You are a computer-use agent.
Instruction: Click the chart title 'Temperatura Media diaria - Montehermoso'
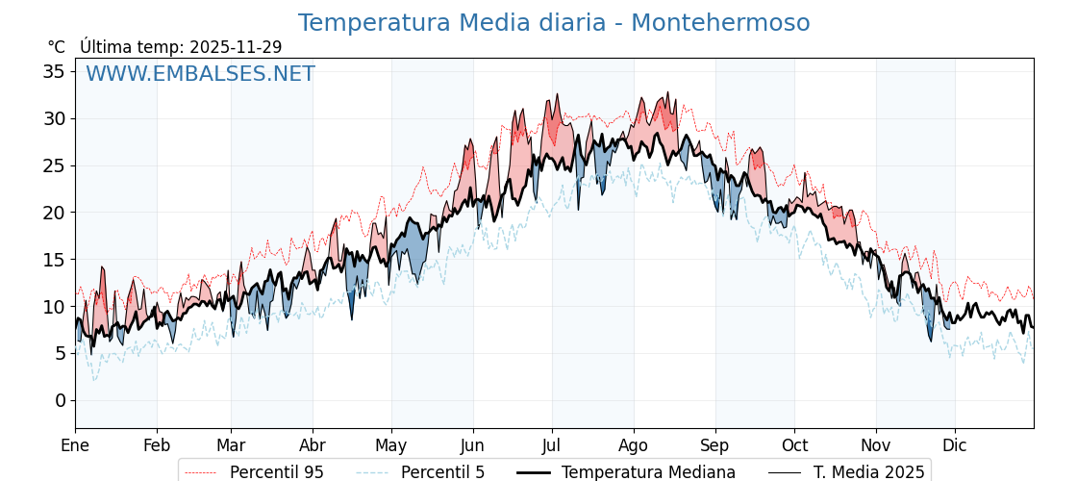point(553,23)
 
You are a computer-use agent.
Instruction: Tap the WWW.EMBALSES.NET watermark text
point(200,74)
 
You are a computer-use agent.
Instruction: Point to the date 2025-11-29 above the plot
point(236,47)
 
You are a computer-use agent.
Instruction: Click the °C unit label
point(57,47)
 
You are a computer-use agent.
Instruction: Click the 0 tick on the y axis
point(60,400)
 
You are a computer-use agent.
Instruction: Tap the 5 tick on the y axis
point(60,353)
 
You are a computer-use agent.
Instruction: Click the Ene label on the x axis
point(75,445)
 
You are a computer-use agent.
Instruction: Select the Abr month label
point(313,445)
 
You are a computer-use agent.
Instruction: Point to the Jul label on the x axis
point(552,445)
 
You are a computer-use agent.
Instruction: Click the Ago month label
point(634,445)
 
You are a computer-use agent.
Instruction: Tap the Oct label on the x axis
point(794,445)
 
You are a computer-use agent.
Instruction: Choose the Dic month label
point(955,445)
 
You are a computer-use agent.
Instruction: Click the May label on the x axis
point(391,445)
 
